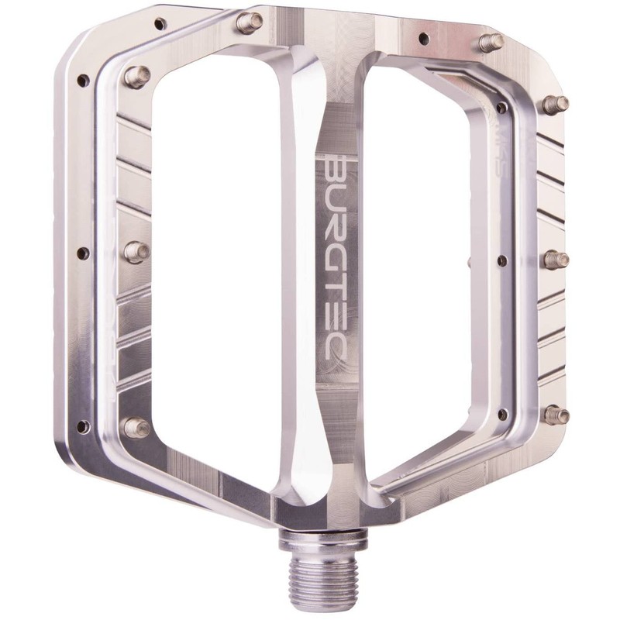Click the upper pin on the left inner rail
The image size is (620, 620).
136,76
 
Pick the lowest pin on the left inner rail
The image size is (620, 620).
136,427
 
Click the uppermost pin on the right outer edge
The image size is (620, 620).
555,104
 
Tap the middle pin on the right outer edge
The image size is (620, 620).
556,260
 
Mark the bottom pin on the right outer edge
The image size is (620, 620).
556,415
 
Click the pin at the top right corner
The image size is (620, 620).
491,41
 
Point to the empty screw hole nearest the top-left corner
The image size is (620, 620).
160,24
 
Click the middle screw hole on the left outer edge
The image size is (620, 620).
83,253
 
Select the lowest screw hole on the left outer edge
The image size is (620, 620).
83,426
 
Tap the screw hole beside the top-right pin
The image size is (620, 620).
423,37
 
